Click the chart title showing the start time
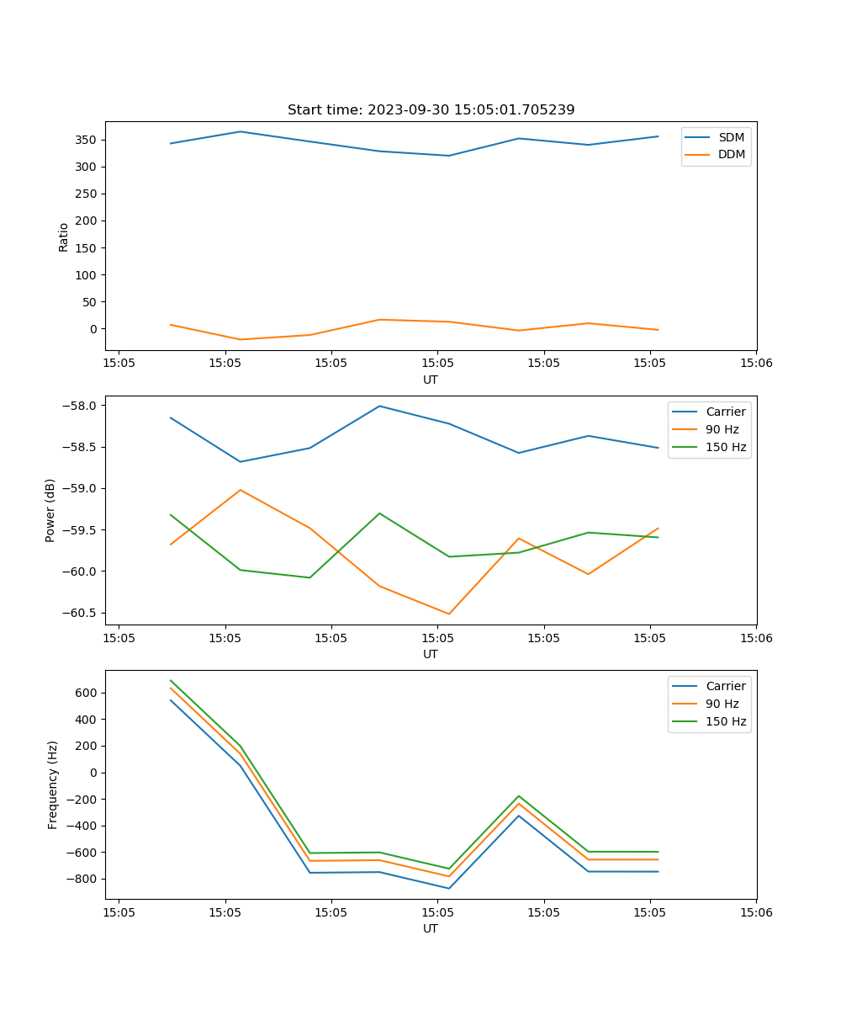click(x=431, y=110)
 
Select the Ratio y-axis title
click(x=63, y=237)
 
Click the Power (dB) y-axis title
click(x=50, y=510)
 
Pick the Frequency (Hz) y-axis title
click(x=52, y=784)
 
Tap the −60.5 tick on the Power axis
click(x=79, y=613)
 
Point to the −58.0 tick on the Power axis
click(x=79, y=406)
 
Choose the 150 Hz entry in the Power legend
click(x=726, y=447)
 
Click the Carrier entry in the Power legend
click(x=726, y=412)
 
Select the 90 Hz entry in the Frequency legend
click(x=722, y=704)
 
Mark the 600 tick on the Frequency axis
click(x=86, y=693)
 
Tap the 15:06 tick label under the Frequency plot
click(x=755, y=912)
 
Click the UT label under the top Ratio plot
click(x=431, y=380)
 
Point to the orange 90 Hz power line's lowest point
click(x=448, y=614)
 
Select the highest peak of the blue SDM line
click(x=241, y=131)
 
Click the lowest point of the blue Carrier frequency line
click(x=448, y=888)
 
